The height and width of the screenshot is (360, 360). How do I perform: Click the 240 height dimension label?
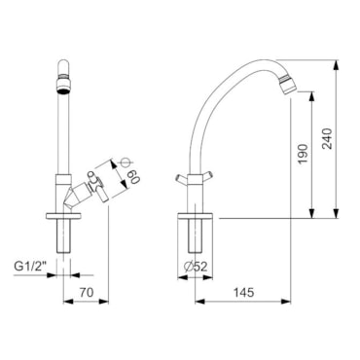point(328,139)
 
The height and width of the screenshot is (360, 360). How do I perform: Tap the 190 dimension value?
point(303,154)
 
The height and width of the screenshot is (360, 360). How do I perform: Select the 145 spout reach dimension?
point(244,293)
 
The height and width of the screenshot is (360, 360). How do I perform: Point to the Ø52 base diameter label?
point(196,267)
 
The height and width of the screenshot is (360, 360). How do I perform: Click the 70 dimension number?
point(87,293)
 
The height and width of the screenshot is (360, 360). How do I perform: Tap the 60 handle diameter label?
point(134,176)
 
